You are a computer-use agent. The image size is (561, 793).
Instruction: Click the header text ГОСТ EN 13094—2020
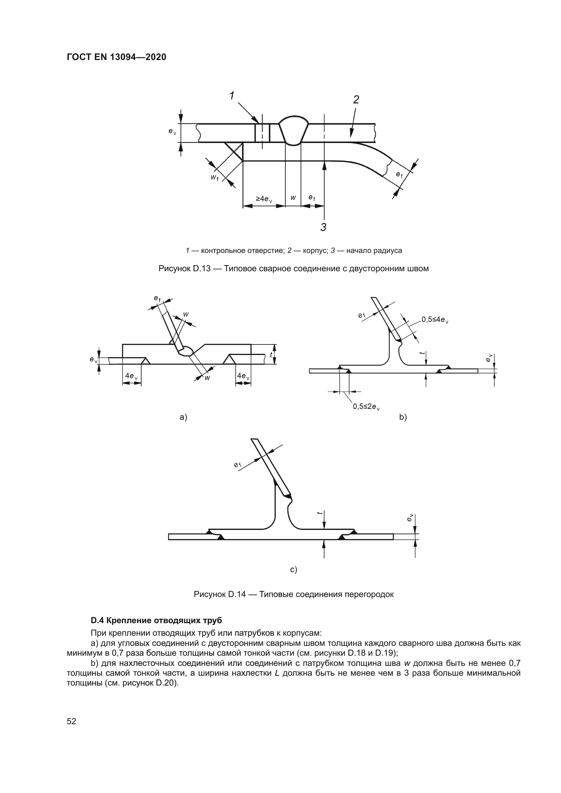pos(116,57)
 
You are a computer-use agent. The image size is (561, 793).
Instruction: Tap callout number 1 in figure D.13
pos(232,96)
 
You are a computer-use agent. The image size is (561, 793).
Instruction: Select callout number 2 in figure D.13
pos(356,100)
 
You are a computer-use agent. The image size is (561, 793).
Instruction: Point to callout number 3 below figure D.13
pos(323,227)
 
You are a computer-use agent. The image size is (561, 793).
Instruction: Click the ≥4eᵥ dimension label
pos(264,199)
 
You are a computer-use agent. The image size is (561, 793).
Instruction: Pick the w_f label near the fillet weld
pos(214,178)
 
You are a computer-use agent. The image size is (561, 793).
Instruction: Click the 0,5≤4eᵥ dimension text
pos(434,320)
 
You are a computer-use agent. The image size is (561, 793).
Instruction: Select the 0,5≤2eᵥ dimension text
pos(366,407)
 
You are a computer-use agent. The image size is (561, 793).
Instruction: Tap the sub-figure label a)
pos(183,417)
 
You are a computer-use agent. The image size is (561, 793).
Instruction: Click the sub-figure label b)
pos(403,417)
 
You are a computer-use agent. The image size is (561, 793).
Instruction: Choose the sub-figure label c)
pos(294,570)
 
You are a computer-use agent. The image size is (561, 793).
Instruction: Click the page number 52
pos(72,721)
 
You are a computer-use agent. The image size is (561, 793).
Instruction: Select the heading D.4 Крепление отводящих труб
pos(156,620)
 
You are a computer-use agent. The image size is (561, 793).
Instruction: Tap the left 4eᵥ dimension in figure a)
pos(131,376)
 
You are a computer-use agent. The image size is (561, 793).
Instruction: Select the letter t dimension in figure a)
pos(271,355)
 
